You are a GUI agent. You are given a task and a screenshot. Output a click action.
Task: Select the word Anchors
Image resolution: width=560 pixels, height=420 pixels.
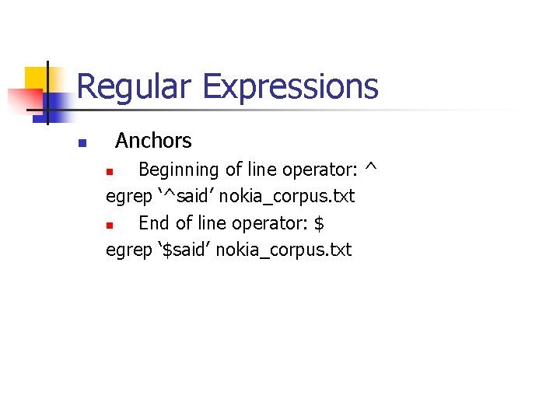pyautogui.click(x=153, y=141)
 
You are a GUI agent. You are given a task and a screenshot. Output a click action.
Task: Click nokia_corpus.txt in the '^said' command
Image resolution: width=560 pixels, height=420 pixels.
pyautogui.click(x=287, y=197)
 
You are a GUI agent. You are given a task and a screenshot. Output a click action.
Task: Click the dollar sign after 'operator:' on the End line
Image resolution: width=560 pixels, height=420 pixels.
pyautogui.click(x=318, y=223)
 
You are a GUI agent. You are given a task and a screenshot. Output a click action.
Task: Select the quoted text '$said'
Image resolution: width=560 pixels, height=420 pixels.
pyautogui.click(x=184, y=250)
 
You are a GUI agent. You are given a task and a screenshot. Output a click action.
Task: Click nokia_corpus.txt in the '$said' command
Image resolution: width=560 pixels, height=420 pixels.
pyautogui.click(x=284, y=250)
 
